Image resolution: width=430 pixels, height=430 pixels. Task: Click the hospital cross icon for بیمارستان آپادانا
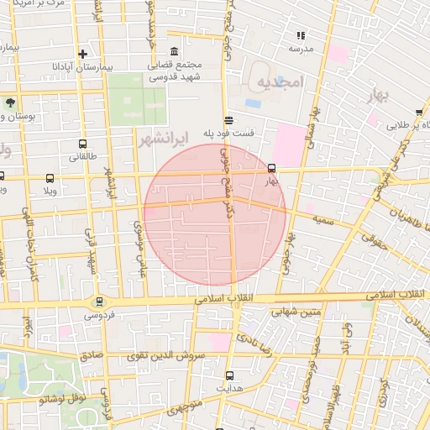tap(81, 53)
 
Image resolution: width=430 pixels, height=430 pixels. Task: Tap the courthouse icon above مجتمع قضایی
tap(174, 51)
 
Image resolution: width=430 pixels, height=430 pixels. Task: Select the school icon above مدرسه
tap(300, 35)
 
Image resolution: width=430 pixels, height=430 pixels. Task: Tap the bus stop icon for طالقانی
tap(82, 144)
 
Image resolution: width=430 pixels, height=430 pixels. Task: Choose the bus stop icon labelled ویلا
tap(50, 178)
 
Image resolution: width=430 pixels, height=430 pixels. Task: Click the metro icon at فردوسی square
tap(99, 302)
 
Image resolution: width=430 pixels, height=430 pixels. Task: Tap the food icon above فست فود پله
tap(229, 120)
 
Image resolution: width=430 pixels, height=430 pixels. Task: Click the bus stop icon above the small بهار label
tap(271, 167)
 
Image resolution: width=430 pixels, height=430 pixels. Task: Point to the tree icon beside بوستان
tap(10, 102)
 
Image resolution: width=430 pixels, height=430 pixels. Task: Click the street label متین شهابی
tap(295, 312)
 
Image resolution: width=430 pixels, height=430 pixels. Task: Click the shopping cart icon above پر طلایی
tap(418, 112)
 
